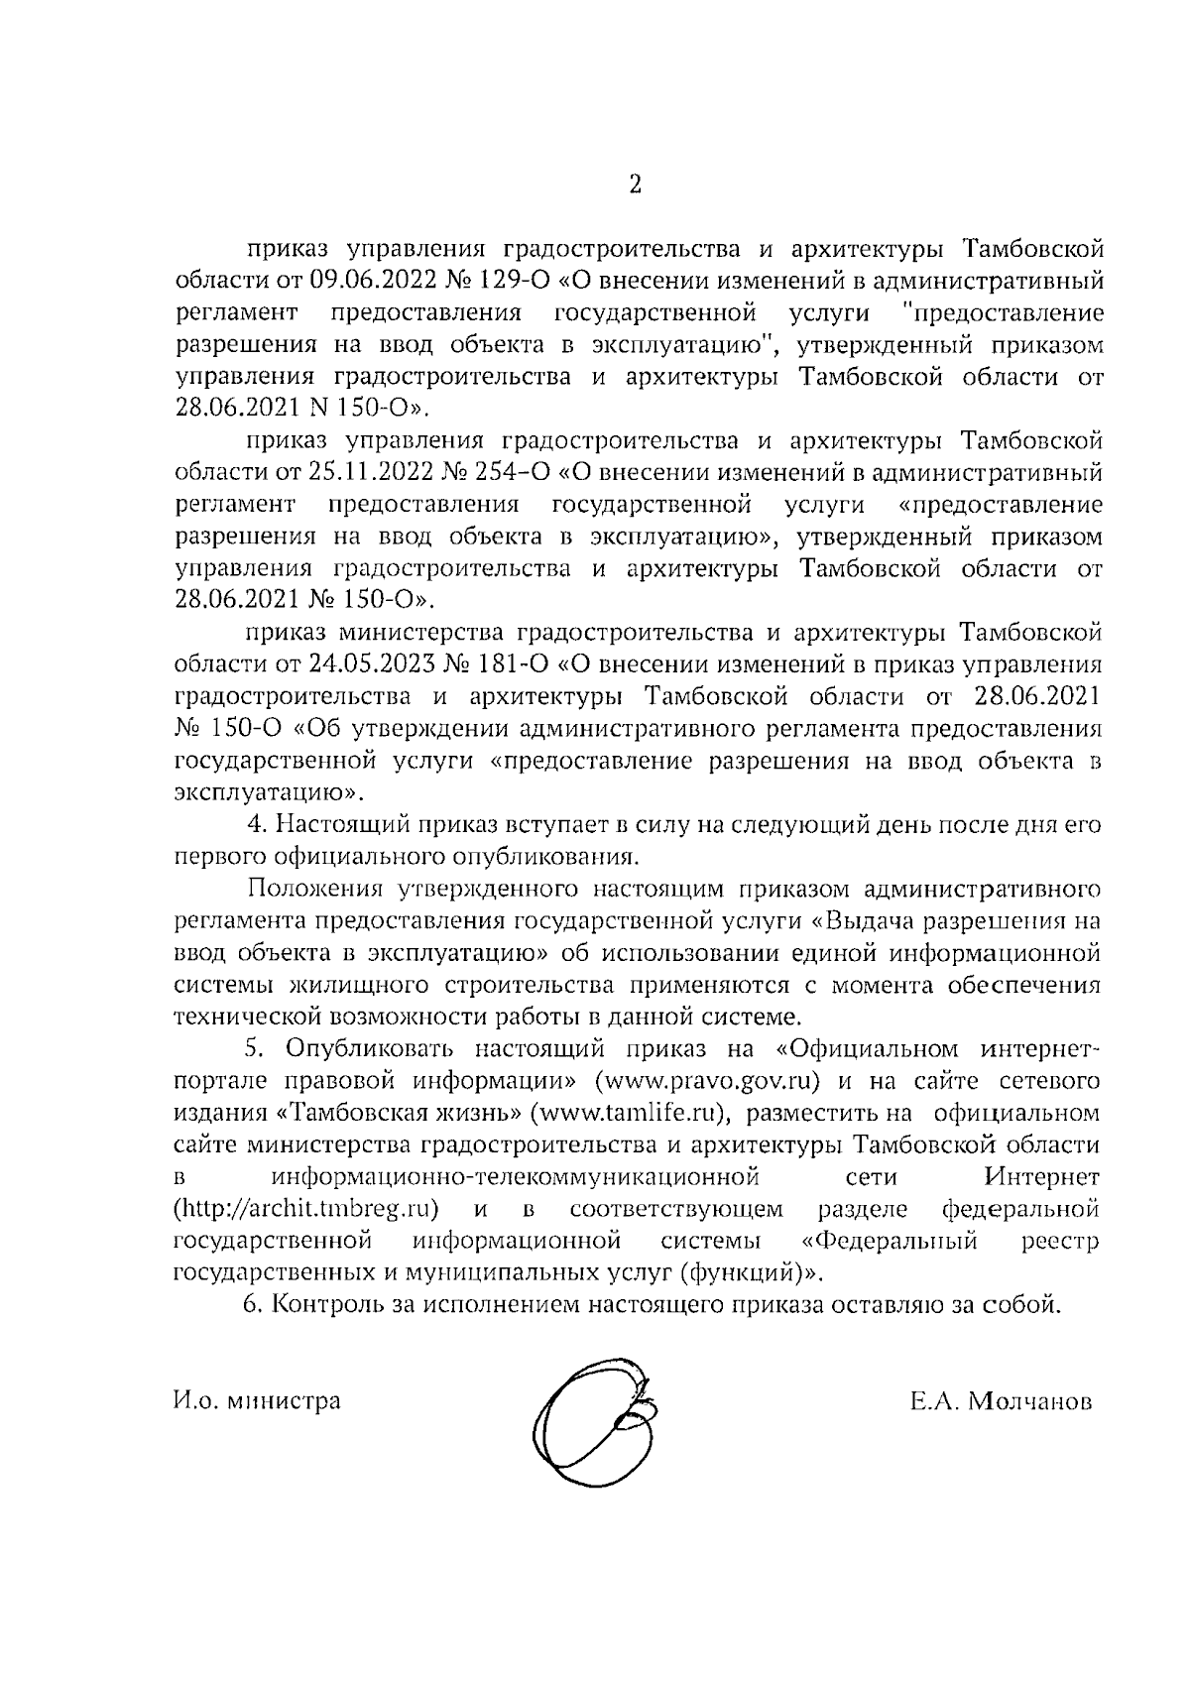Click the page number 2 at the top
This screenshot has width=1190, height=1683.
[635, 184]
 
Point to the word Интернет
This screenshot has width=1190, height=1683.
[1042, 1177]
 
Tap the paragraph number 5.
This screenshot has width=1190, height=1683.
[254, 1049]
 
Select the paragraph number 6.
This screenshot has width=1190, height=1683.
[252, 1305]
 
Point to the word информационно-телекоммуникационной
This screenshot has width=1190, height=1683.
[515, 1177]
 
